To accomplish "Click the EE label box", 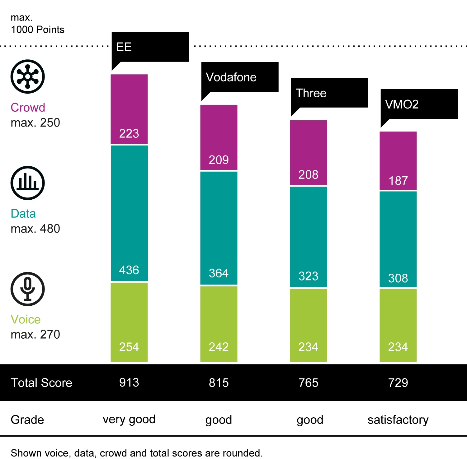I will tap(150, 47).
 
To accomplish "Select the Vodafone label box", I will tap(240, 77).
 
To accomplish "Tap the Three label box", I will tap(329, 93).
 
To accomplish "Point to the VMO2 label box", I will tap(419, 104).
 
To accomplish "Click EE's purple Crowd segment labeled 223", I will tap(129, 109).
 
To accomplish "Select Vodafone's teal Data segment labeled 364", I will tap(219, 228).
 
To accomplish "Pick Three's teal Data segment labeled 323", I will tap(309, 237).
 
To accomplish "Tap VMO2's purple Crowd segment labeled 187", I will tap(398, 160).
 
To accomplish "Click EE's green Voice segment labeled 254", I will tap(129, 322).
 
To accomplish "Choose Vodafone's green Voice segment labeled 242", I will tap(219, 324).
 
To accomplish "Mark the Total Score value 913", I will tap(129, 382).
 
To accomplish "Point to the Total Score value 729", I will tap(398, 382).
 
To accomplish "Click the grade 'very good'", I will tap(129, 419).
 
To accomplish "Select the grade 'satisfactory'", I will tap(398, 420).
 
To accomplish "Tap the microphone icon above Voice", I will tap(28, 289).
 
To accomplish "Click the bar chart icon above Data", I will tap(28, 183).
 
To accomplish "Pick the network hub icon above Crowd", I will tap(28, 76).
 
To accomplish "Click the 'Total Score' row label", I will tap(41, 383).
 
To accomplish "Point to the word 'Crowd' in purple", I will tap(28, 108).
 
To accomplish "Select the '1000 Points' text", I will tap(38, 30).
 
